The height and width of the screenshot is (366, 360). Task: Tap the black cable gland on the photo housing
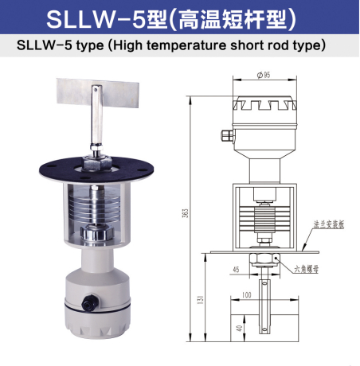pos(87,302)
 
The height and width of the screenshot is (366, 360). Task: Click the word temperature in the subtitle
pos(182,46)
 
